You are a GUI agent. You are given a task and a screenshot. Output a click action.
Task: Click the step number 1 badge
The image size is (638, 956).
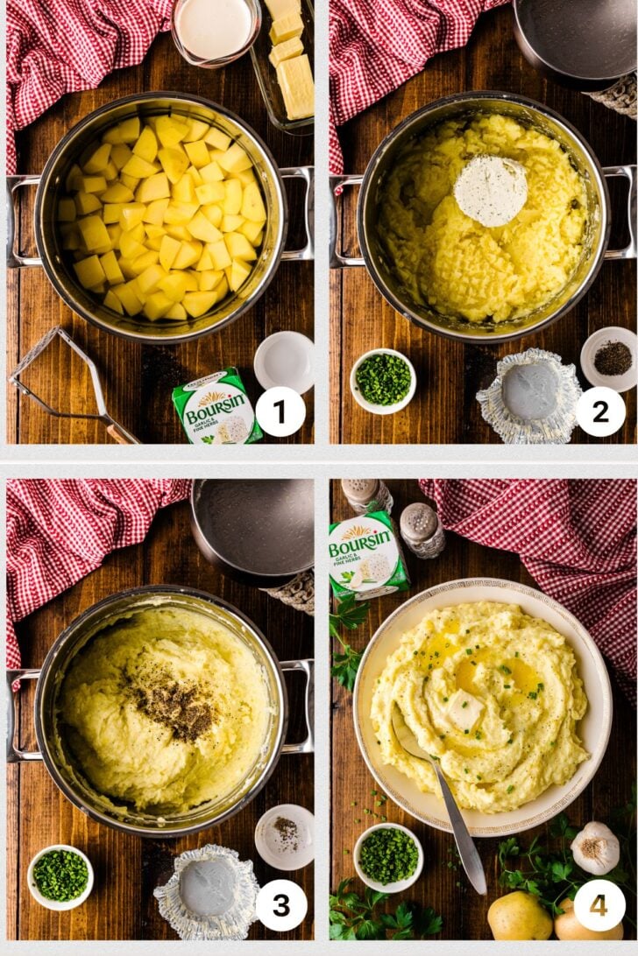pyautogui.click(x=280, y=411)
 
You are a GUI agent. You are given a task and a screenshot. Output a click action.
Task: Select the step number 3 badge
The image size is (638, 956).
pyautogui.click(x=280, y=905)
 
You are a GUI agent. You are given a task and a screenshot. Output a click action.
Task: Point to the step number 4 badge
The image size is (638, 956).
pyautogui.click(x=599, y=905)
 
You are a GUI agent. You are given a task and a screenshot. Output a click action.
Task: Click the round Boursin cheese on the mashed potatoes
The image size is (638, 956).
pyautogui.click(x=490, y=191)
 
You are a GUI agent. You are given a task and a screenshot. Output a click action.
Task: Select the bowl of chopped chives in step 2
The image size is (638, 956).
pyautogui.click(x=383, y=380)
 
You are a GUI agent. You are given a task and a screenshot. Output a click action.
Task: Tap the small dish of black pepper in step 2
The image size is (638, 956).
pyautogui.click(x=611, y=358)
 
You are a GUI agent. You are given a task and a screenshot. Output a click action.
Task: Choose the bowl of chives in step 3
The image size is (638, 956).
pyautogui.click(x=60, y=875)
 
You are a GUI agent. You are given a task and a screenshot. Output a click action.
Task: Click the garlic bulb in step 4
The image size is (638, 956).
pyautogui.click(x=595, y=847)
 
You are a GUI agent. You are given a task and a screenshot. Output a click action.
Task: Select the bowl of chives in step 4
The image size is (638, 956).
pyautogui.click(x=388, y=855)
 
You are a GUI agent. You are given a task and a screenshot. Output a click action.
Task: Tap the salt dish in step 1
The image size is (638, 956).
pyautogui.click(x=284, y=362)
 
